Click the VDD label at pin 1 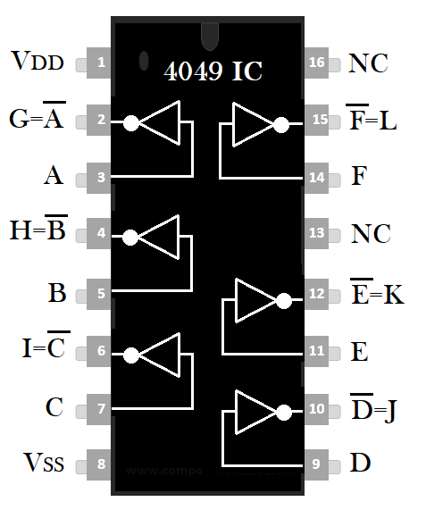pyautogui.click(x=38, y=60)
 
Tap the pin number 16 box pyautogui.click(x=316, y=63)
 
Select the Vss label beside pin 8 pyautogui.click(x=44, y=462)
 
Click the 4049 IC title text pyautogui.click(x=213, y=71)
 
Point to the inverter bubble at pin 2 pyautogui.click(x=131, y=123)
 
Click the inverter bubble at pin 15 pyautogui.click(x=281, y=125)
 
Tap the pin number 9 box pyautogui.click(x=316, y=464)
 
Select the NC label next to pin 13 pyautogui.click(x=371, y=233)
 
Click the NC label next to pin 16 pyautogui.click(x=368, y=63)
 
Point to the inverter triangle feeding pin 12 pyautogui.click(x=255, y=300)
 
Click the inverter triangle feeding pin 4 pyautogui.click(x=159, y=237)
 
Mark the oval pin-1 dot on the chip pyautogui.click(x=144, y=61)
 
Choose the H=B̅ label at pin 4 pyautogui.click(x=38, y=228)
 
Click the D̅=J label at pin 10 pyautogui.click(x=373, y=407)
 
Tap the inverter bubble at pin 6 pyautogui.click(x=131, y=355)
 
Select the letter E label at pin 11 pyautogui.click(x=360, y=352)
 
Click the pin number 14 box pyautogui.click(x=316, y=178)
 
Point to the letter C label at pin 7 pyautogui.click(x=54, y=407)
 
